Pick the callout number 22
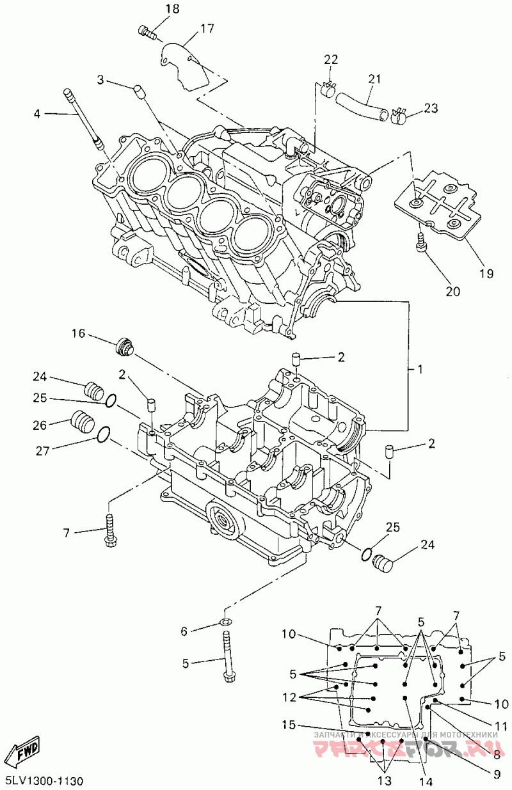[x=330, y=59]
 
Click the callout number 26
[x=40, y=424]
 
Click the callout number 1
[x=420, y=370]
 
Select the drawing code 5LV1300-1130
[x=44, y=781]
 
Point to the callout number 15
[x=289, y=725]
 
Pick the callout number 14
[x=426, y=781]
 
